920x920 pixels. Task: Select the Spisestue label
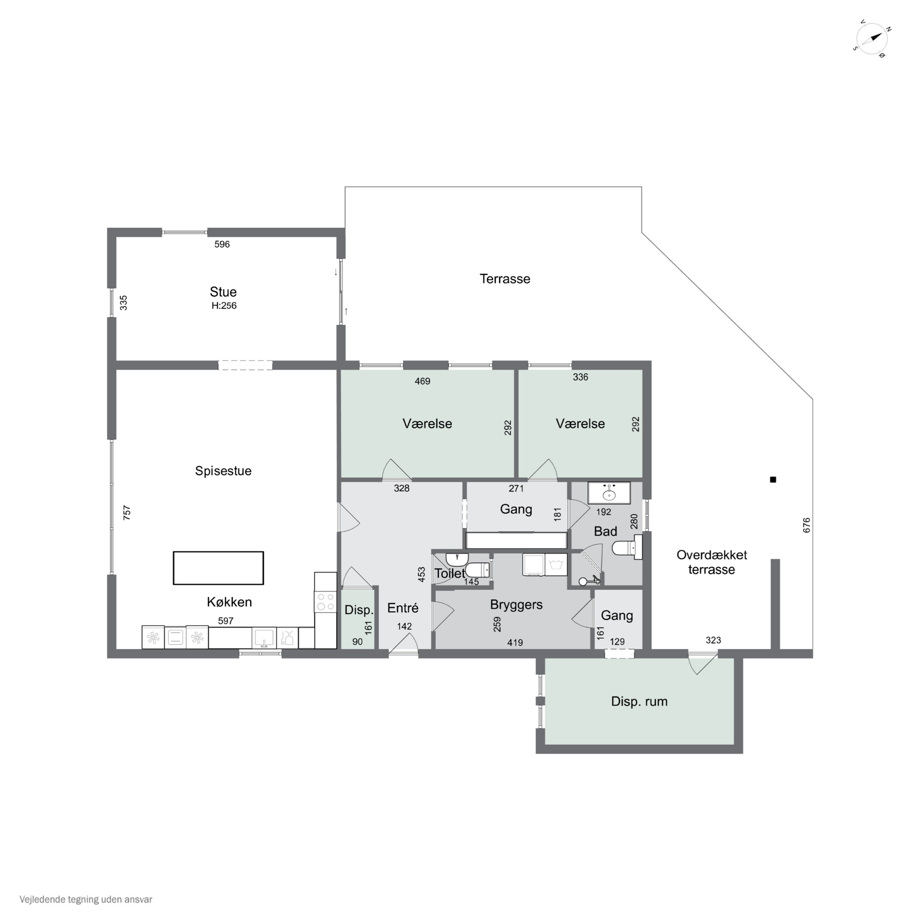(223, 471)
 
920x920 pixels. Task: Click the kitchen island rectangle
(218, 568)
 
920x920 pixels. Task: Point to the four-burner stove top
(325, 601)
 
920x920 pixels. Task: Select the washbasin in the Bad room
(609, 493)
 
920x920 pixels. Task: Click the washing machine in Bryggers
(556, 565)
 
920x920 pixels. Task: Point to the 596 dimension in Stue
(222, 244)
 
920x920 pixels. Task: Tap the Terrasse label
(505, 278)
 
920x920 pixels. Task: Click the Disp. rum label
(639, 701)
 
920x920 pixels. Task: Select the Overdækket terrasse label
(711, 562)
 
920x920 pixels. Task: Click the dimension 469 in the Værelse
(422, 381)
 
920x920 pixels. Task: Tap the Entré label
(403, 608)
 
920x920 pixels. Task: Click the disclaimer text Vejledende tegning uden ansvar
(86, 899)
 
